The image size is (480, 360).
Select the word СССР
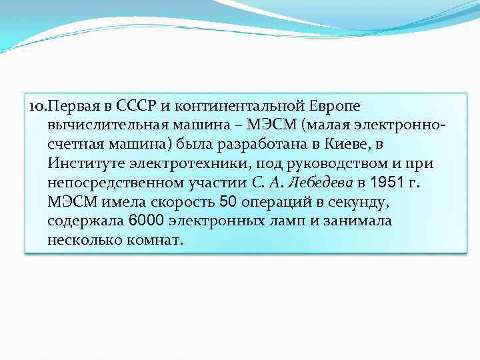(x=135, y=106)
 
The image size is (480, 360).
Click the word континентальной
(x=243, y=106)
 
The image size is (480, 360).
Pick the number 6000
(x=145, y=221)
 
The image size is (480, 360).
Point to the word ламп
(x=287, y=221)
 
